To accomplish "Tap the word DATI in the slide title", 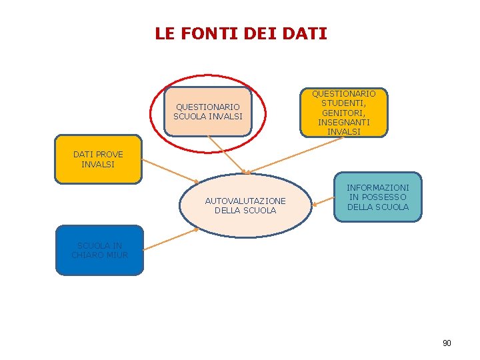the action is click(305, 33).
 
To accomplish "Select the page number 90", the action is click(447, 343).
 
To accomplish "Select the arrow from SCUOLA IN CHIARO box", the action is click(170, 239).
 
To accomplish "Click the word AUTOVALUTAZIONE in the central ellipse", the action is click(245, 201).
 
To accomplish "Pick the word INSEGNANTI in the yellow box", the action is click(343, 123).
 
